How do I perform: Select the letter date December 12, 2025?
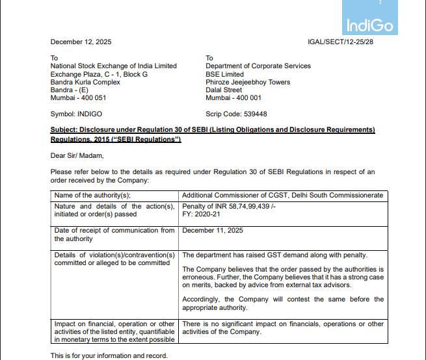coord(81,42)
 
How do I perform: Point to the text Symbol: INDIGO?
coord(76,114)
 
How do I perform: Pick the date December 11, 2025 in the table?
coord(213,231)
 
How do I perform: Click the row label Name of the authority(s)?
coord(92,195)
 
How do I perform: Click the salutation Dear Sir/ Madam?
coord(77,155)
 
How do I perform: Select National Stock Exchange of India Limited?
coord(114,66)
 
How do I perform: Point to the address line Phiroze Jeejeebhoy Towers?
coord(248,83)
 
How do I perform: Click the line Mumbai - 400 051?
coord(78,98)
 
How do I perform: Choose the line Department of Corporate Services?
coord(258,66)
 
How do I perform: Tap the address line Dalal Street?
coord(224,90)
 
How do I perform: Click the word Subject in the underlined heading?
coord(64,130)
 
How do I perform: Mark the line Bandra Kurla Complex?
coord(85,83)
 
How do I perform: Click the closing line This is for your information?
coord(109,355)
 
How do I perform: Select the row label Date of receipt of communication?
coord(114,231)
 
